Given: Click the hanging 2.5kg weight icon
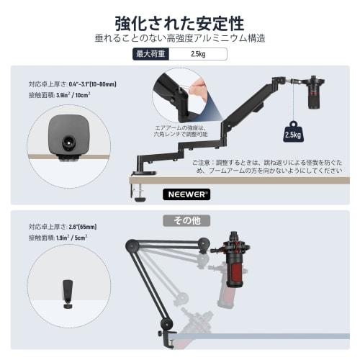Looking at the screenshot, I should pyautogui.click(x=292, y=133).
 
